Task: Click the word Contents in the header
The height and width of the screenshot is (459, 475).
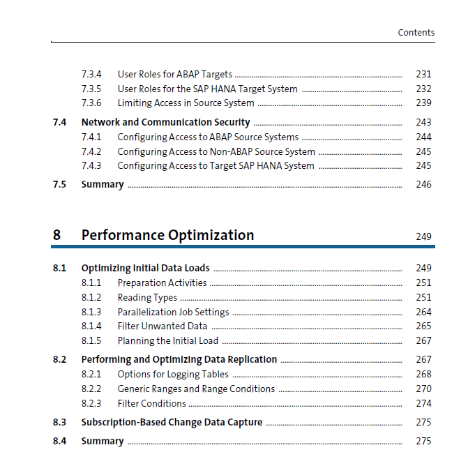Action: pyautogui.click(x=416, y=32)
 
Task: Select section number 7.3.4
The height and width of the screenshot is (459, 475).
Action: pyautogui.click(x=91, y=74)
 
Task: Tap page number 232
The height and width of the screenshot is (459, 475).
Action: pyautogui.click(x=423, y=89)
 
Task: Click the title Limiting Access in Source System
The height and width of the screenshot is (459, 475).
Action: pyautogui.click(x=186, y=103)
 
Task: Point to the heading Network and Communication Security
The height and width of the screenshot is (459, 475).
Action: pyautogui.click(x=166, y=122)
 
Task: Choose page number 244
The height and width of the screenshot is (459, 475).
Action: pyautogui.click(x=423, y=137)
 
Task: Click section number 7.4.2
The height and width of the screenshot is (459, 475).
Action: pyautogui.click(x=91, y=151)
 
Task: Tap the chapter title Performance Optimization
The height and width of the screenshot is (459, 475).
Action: pyautogui.click(x=167, y=235)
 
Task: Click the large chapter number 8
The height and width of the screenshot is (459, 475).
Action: pyautogui.click(x=56, y=235)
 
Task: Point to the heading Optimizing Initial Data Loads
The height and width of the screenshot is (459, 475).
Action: pyautogui.click(x=145, y=268)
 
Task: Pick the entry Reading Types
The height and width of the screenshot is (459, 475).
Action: pyautogui.click(x=147, y=298)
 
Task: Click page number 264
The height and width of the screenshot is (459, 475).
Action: pyautogui.click(x=423, y=312)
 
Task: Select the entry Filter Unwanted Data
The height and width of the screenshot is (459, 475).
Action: pyautogui.click(x=163, y=326)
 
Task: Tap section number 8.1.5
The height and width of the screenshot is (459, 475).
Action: pyautogui.click(x=91, y=341)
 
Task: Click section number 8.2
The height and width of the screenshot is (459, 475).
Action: pyautogui.click(x=59, y=360)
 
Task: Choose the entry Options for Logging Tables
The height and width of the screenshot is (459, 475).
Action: pyautogui.click(x=173, y=375)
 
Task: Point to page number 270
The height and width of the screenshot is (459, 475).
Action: pyautogui.click(x=423, y=389)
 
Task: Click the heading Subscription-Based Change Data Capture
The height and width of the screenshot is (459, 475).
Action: pyautogui.click(x=172, y=422)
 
